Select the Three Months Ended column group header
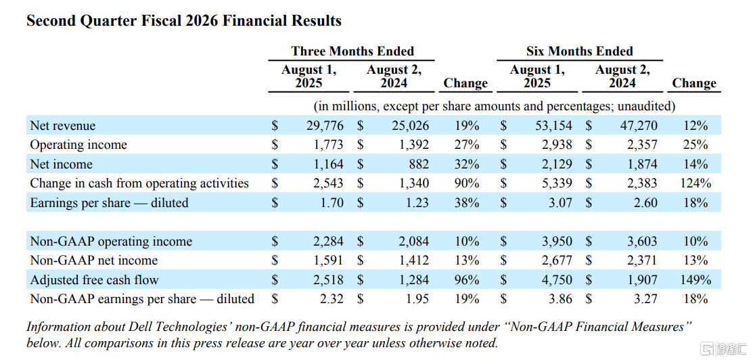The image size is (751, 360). (352, 51)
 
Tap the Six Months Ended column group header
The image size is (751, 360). (579, 51)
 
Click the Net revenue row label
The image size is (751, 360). (63, 126)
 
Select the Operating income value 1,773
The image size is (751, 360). (328, 145)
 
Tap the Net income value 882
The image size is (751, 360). (418, 164)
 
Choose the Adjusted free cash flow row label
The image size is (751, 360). (94, 279)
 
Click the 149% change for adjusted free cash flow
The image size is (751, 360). (696, 279)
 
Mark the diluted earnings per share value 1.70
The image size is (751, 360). (332, 202)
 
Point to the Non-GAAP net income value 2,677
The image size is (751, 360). (557, 261)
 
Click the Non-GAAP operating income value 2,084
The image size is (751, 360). (414, 242)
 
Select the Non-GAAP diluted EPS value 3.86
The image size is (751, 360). (561, 299)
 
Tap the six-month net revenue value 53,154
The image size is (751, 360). (553, 126)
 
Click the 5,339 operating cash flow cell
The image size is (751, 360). (557, 183)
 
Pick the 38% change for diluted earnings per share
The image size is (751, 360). (467, 202)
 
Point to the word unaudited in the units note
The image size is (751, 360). (646, 106)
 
